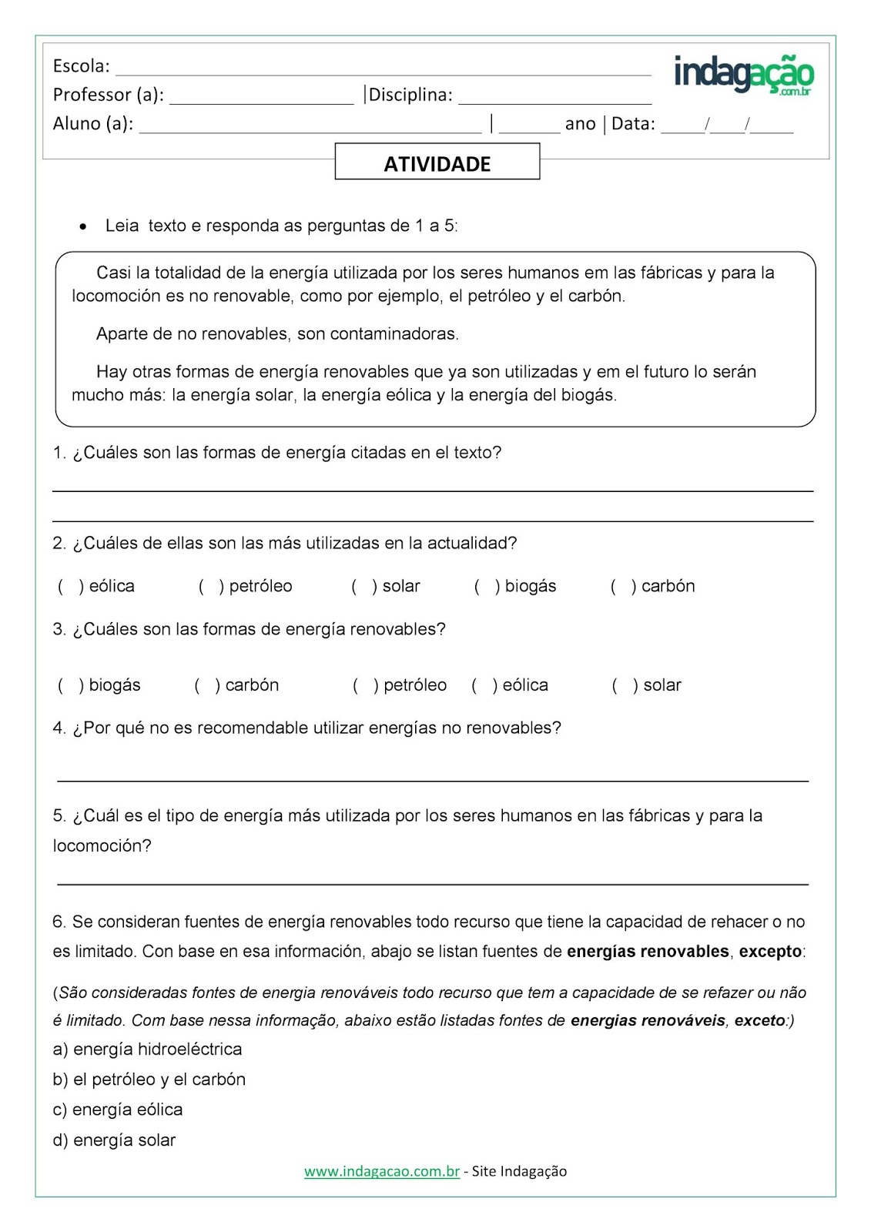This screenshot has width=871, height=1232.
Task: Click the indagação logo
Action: coord(743,75)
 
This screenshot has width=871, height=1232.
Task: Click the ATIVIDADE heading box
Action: coord(437,162)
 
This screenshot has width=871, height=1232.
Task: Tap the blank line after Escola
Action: coord(383,69)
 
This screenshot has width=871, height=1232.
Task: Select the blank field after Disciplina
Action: coord(554,97)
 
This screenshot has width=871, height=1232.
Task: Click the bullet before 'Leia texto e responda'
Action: coord(83,227)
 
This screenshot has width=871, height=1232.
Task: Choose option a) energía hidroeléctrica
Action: coord(147,1050)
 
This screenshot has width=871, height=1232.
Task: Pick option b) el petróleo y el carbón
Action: coord(149,1080)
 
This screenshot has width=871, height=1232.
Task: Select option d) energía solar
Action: coord(114,1140)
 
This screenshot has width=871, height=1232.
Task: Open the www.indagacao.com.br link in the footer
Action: coord(381,1171)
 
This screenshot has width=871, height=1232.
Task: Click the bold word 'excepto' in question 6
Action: coord(770,952)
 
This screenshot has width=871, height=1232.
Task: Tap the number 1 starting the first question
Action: coord(58,454)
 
